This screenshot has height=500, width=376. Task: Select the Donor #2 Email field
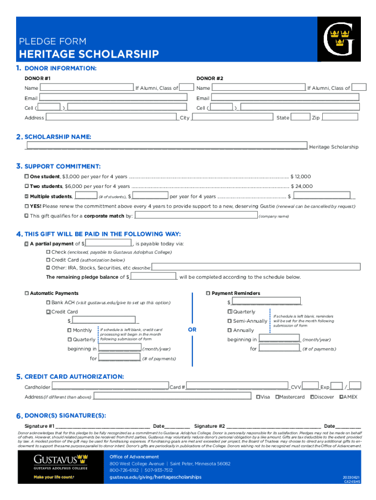click(285, 98)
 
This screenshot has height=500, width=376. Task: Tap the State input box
click(300, 117)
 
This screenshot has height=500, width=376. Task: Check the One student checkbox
click(27, 176)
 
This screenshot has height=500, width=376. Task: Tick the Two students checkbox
click(27, 186)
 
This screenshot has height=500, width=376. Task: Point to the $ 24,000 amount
click(301, 186)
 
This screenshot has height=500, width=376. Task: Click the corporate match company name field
click(196, 215)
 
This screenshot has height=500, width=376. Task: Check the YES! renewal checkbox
click(27, 206)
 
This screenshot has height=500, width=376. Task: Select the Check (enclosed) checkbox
click(48, 252)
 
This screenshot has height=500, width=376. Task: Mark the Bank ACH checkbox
click(48, 302)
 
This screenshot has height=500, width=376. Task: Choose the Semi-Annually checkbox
click(230, 321)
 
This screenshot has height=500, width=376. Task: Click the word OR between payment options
click(192, 330)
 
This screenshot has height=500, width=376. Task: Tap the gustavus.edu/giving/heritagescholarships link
click(155, 477)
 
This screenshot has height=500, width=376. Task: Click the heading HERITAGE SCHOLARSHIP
click(89, 54)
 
